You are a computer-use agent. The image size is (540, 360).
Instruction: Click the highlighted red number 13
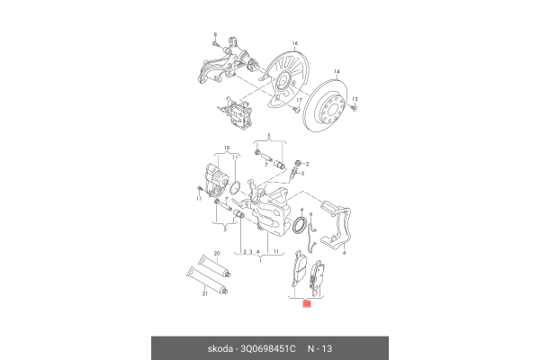pos(307,305)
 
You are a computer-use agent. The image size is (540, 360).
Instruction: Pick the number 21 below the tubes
pos(203,293)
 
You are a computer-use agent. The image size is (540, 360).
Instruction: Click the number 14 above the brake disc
pos(337,71)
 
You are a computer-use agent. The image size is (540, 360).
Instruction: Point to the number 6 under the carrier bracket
pos(344,255)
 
